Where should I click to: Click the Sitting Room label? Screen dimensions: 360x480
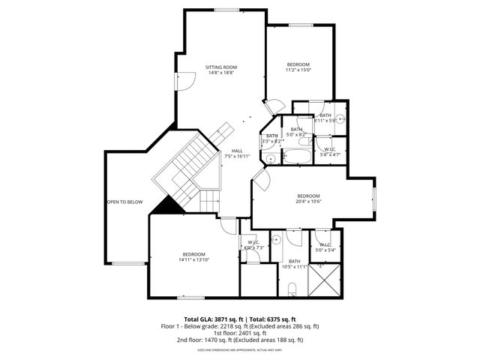[x=221, y=67]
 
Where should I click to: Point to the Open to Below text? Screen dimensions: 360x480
[x=124, y=202]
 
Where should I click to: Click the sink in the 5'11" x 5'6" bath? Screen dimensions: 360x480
[x=340, y=118]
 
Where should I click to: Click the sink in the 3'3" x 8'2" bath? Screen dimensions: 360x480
[x=269, y=158]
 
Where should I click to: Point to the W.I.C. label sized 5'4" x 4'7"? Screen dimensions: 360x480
[x=329, y=151]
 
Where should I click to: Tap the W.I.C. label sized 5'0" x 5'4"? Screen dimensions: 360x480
[x=325, y=247]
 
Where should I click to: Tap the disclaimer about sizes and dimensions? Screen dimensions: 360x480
[x=240, y=349]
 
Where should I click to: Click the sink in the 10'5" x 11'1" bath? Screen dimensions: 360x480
[x=276, y=241]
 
